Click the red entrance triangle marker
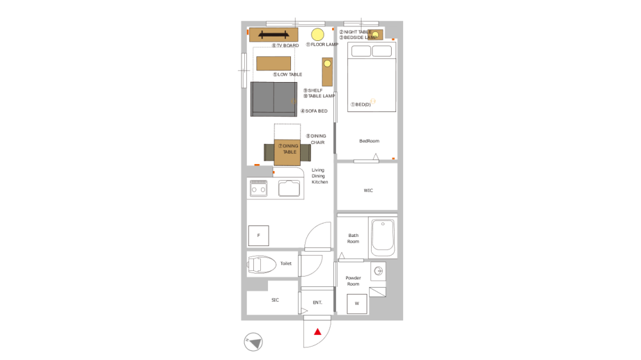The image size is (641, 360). (x=317, y=331)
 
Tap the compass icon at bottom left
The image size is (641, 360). (x=254, y=342)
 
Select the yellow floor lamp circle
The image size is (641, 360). (x=317, y=35)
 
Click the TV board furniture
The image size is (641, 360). (x=274, y=35)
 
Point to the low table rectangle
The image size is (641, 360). (x=274, y=63)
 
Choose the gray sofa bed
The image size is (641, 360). (x=274, y=99)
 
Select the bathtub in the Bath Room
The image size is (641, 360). (x=383, y=237)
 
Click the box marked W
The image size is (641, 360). (x=357, y=304)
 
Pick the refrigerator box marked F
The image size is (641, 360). (x=258, y=236)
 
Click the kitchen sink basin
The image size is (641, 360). (x=289, y=188)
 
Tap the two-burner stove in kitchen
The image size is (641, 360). (x=258, y=188)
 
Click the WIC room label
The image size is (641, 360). (x=368, y=190)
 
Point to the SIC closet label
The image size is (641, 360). (x=275, y=299)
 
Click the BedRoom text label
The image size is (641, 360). (x=369, y=140)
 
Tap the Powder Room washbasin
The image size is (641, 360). (x=378, y=271)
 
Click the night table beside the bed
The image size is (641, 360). (x=374, y=35)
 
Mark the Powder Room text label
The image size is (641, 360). (x=353, y=281)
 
